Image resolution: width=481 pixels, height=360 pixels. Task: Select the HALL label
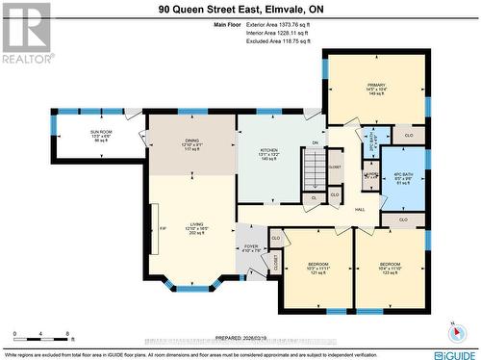tap(359, 209)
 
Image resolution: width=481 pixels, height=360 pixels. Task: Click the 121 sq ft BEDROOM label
tap(316, 269)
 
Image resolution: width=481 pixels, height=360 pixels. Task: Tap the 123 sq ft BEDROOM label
tap(390, 269)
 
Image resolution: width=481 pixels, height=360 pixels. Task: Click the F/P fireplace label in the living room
tap(154, 227)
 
